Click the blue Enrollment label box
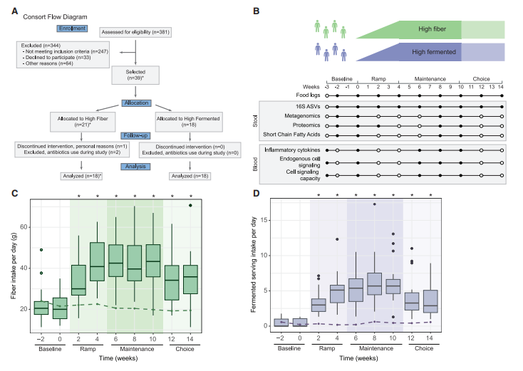click(72, 29)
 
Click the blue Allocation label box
click(136, 103)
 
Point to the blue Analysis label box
click(136, 167)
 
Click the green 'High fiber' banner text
click(428, 29)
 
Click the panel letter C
click(15, 192)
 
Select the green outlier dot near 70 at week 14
click(190, 205)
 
